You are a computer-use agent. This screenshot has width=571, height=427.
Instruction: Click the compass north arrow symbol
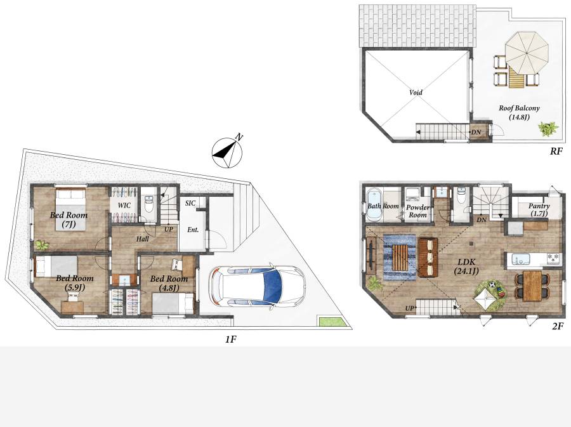click(228, 152)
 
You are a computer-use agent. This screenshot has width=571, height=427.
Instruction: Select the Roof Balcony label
click(519, 112)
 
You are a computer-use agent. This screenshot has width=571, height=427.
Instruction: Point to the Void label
click(416, 92)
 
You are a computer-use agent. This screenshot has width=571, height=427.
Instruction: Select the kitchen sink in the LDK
click(521, 260)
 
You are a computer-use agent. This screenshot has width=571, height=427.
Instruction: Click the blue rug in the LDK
click(400, 258)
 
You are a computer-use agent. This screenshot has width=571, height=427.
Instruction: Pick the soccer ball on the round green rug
click(493, 284)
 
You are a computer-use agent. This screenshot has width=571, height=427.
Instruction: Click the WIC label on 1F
click(124, 206)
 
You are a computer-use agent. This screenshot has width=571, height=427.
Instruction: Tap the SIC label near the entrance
click(190, 203)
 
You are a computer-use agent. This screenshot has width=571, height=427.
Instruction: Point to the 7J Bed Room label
click(69, 220)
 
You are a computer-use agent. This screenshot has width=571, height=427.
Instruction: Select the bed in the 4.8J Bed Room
click(173, 303)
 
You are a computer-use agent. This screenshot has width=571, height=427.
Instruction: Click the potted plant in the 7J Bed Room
click(42, 245)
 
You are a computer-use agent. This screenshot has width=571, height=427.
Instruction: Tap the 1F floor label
click(230, 339)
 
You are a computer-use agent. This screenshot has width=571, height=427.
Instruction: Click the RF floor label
click(556, 151)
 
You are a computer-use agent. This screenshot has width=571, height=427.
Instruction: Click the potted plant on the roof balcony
click(548, 129)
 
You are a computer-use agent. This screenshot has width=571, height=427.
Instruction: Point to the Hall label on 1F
click(142, 239)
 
